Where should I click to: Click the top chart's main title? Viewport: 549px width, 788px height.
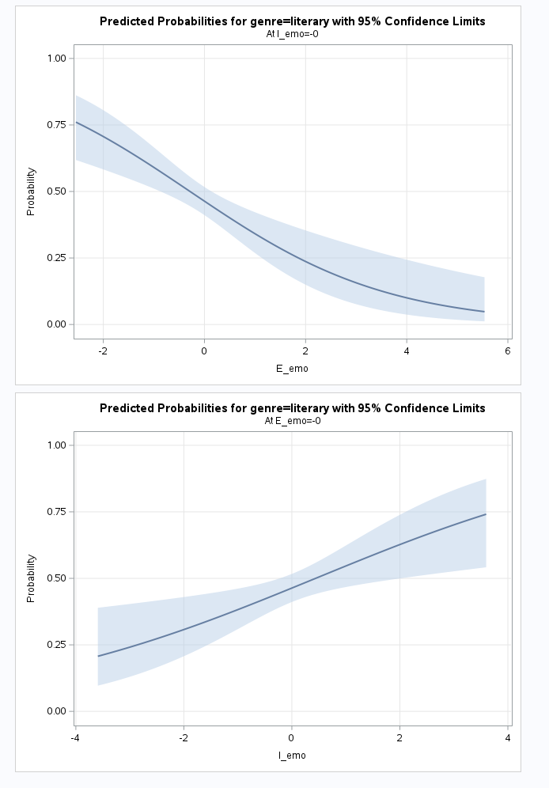[292, 21]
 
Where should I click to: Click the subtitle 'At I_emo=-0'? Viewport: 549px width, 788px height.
[292, 34]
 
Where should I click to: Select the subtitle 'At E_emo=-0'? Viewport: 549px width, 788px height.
[292, 421]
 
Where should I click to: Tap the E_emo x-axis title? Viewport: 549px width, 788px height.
[292, 368]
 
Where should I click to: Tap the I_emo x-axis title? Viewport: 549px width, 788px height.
[292, 756]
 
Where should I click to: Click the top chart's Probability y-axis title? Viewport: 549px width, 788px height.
[31, 191]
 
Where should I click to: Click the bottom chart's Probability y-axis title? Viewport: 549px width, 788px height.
[31, 578]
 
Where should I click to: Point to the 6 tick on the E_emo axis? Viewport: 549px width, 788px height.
[508, 350]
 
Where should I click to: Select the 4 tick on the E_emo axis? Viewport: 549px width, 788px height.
[407, 350]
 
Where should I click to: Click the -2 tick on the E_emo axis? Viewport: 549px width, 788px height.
[102, 350]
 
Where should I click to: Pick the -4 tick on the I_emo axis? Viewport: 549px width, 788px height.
[75, 738]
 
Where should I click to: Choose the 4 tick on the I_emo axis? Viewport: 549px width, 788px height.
[507, 738]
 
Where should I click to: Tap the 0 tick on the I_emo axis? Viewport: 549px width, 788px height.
[292, 738]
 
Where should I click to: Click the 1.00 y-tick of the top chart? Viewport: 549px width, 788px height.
[58, 59]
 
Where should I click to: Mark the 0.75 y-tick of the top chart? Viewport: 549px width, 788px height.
[58, 125]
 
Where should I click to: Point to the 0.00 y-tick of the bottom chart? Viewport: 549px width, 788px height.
[58, 711]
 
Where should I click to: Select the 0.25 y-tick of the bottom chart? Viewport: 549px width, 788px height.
[58, 645]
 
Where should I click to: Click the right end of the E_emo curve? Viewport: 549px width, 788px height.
[484, 312]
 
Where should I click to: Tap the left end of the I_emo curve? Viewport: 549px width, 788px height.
[98, 656]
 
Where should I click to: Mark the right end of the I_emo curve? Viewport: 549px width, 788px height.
[485, 514]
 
